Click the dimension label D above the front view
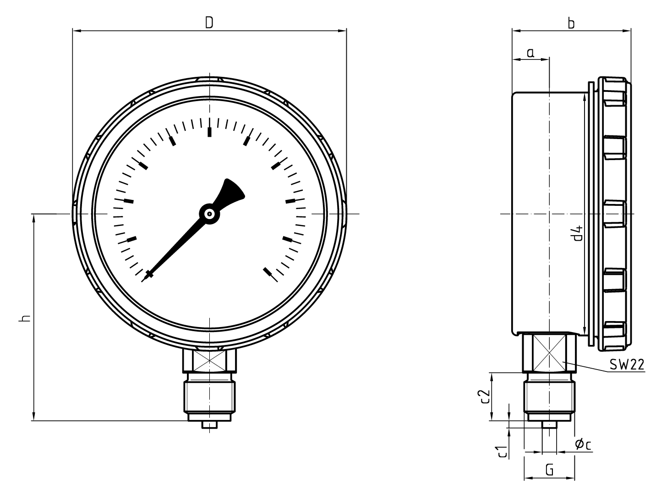point(209,22)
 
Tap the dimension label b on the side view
point(571,23)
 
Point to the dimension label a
point(530,53)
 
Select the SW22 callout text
point(627,365)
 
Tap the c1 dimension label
point(503,451)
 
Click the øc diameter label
point(582,443)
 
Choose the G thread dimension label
point(550,470)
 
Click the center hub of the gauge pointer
point(209,214)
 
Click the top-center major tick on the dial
point(210,132)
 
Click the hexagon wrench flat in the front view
point(209,360)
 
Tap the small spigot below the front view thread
point(209,425)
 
